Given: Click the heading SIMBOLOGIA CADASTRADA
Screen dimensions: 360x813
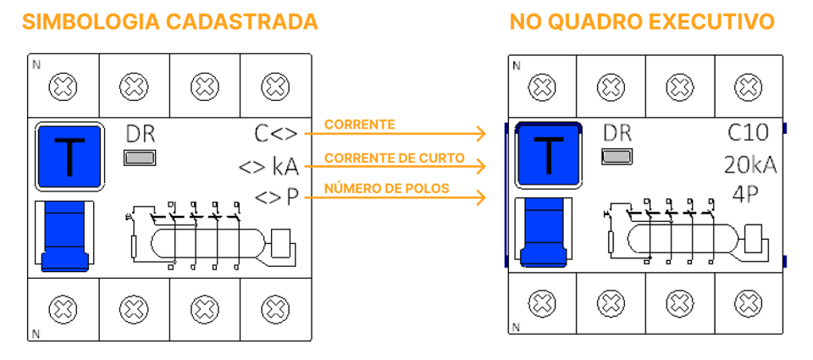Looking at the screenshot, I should (x=170, y=21).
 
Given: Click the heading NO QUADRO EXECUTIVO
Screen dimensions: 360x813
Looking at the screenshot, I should (x=642, y=21).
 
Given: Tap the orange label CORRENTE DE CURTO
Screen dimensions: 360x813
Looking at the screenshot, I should (x=394, y=158).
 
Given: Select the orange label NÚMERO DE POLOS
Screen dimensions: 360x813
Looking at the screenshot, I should (x=386, y=188).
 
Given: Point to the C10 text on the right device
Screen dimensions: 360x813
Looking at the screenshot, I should (x=748, y=133).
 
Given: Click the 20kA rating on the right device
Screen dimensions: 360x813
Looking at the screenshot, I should (x=749, y=164).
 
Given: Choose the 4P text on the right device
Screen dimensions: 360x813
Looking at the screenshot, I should (x=745, y=194).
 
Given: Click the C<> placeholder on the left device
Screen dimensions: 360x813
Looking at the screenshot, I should (x=276, y=134).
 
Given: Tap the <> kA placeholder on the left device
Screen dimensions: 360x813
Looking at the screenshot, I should (x=268, y=166).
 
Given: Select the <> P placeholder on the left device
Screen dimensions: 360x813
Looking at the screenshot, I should (x=277, y=198).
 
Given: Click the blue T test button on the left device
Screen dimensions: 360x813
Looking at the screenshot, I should (x=69, y=156).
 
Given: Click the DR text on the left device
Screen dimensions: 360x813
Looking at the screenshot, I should (x=140, y=134).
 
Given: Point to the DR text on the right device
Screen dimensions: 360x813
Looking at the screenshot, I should (x=617, y=133).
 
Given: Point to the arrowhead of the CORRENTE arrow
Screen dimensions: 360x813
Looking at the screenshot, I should (x=482, y=134).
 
